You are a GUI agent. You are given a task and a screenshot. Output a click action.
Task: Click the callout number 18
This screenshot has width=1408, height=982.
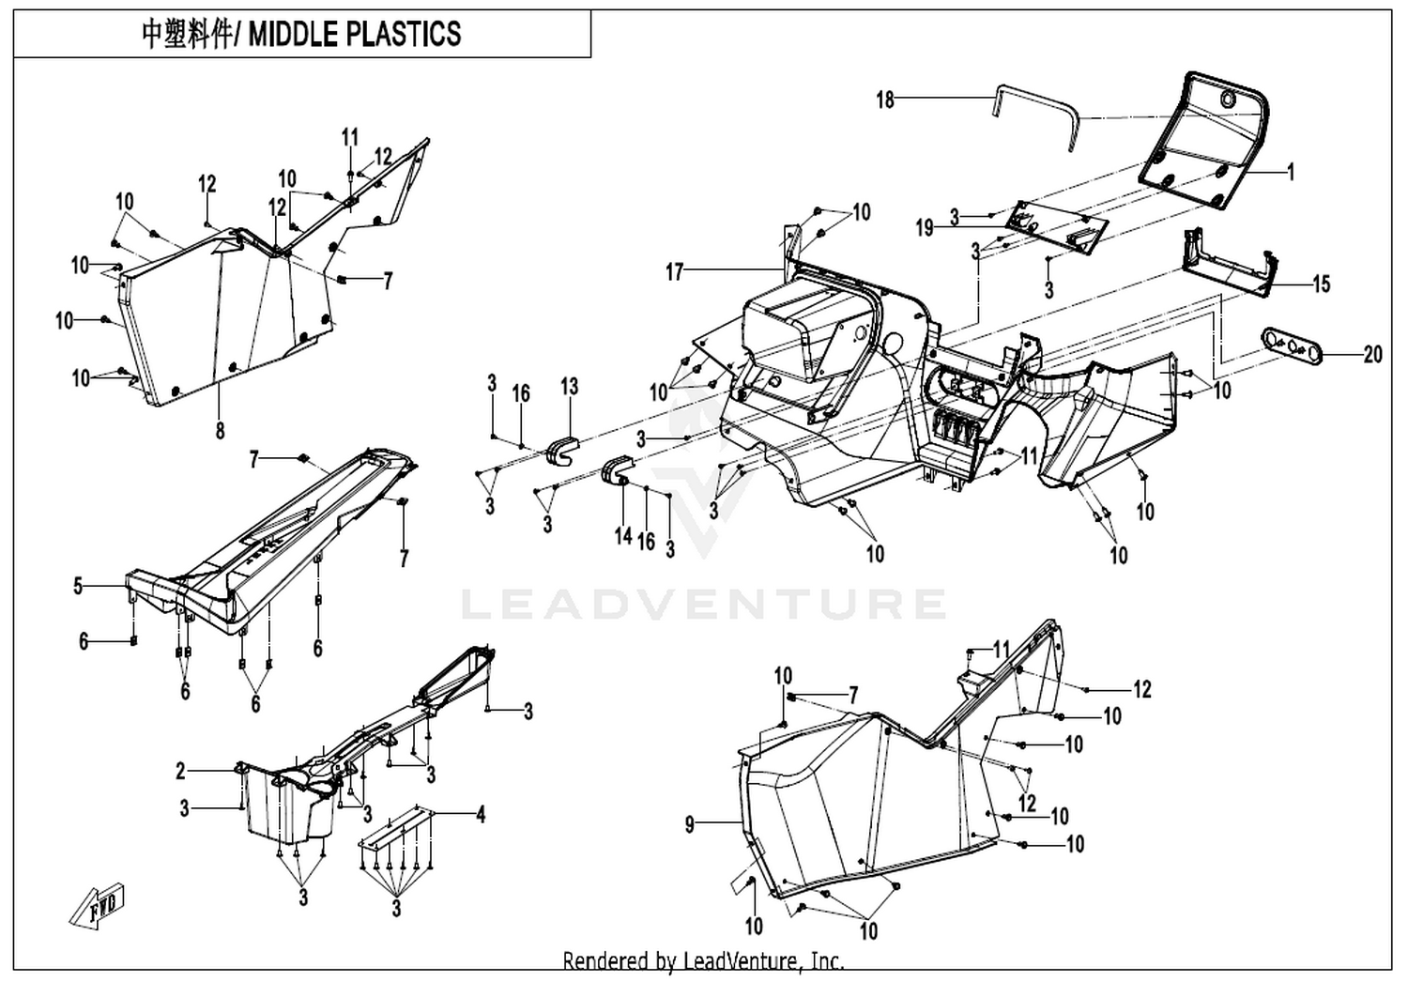point(885,100)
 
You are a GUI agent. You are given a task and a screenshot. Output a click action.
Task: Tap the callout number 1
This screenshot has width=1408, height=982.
point(1291,171)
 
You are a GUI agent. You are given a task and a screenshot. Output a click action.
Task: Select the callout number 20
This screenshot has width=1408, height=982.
point(1372,355)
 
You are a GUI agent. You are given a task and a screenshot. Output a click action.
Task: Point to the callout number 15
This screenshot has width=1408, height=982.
point(1322,284)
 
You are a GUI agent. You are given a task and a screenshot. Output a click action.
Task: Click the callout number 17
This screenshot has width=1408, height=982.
point(674,272)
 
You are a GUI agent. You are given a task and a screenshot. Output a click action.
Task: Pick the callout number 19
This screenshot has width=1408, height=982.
point(925,228)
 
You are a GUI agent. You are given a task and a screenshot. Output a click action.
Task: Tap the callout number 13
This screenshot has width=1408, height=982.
point(570,386)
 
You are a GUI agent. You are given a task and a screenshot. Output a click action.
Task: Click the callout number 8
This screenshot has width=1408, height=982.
point(220,431)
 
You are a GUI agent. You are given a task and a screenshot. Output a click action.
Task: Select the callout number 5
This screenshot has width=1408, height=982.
point(78,586)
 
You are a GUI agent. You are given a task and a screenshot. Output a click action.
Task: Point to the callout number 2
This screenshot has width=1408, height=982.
point(181,771)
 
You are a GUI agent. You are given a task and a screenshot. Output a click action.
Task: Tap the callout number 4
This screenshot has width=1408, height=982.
point(481,815)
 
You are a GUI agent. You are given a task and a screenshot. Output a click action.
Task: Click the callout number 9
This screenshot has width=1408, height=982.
point(690,824)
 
